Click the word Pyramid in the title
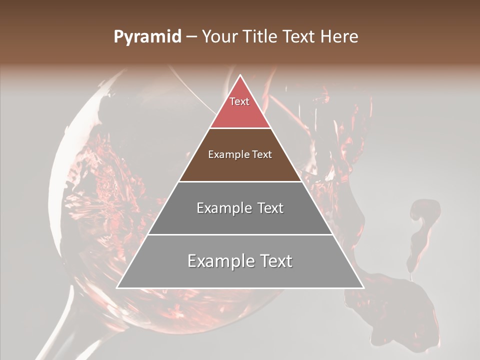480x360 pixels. (x=147, y=37)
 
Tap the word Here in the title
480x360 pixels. (x=339, y=37)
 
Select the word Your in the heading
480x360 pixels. (x=218, y=37)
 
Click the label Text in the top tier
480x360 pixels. (x=239, y=101)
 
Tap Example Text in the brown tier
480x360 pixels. (x=240, y=154)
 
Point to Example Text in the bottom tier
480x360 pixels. (x=240, y=261)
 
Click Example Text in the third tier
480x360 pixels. (x=240, y=208)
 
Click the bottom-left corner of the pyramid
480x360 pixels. (x=118, y=287)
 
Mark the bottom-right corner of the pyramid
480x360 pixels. (x=362, y=287)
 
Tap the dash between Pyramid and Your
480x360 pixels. (x=191, y=37)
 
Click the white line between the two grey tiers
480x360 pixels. (x=240, y=234)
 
